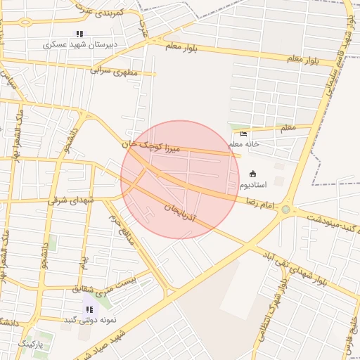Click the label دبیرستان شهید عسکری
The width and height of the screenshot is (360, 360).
80,44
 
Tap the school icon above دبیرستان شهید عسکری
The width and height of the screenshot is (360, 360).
79,34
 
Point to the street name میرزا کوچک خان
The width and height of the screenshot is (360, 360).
151,146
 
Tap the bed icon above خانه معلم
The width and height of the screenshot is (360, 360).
244,134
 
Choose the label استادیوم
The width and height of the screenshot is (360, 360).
254,185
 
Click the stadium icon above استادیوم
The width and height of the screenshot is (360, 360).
253,174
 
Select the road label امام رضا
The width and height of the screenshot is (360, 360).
259,202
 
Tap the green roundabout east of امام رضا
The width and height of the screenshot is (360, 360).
285,210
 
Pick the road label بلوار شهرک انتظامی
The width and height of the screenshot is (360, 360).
271,310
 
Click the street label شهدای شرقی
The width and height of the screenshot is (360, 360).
71,200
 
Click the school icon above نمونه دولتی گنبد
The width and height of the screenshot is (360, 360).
89,309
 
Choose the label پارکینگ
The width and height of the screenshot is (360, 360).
30,344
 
